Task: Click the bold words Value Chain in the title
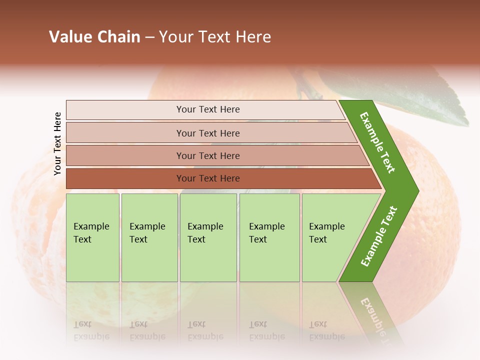coord(94,37)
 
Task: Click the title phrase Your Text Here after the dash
coord(215,37)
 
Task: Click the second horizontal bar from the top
coord(208,133)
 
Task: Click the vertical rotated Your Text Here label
coord(57,143)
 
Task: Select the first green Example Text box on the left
coord(92,237)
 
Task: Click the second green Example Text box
coord(149,237)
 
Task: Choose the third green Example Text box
coord(208,237)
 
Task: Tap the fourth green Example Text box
coord(269,237)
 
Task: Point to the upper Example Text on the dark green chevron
coord(377,142)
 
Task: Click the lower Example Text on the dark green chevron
coord(379,236)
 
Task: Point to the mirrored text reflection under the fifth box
coord(327,330)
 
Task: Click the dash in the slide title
coord(149,37)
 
